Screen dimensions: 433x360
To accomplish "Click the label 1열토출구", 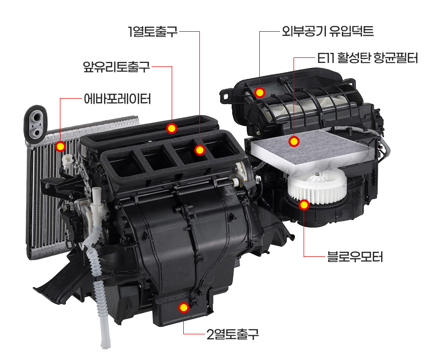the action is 153,32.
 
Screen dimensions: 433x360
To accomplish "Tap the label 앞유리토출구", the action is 116,67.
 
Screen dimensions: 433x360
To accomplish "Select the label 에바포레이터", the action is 117,99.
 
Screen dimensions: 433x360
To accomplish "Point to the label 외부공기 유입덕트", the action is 327,31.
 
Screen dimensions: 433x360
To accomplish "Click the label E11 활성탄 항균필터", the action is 367,58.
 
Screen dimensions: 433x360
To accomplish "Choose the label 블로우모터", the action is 355,256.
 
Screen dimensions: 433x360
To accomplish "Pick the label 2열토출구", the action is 233,334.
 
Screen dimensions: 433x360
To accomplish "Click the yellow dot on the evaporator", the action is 60,147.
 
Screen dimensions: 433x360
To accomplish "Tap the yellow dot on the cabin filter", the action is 294,141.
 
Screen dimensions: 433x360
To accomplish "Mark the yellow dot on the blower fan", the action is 304,205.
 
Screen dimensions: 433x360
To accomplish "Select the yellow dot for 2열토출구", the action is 184,308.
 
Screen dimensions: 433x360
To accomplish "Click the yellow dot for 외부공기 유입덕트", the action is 260,92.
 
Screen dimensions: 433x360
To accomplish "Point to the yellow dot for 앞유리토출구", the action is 172,128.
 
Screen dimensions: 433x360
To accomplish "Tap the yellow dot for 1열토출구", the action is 199,150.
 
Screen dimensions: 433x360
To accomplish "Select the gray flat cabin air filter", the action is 312,148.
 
